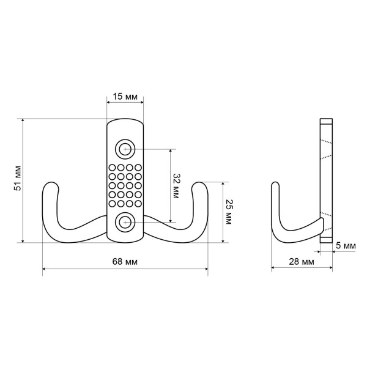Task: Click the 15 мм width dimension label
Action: tap(125, 97)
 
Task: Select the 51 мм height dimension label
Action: tap(18, 179)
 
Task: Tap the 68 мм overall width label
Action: tap(125, 262)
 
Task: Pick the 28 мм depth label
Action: tap(302, 262)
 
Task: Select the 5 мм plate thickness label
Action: tap(346, 246)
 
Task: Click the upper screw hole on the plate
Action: tap(125, 149)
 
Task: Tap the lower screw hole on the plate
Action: tap(125, 221)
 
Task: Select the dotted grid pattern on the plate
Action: tap(125, 185)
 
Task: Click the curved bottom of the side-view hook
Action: tap(287, 236)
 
